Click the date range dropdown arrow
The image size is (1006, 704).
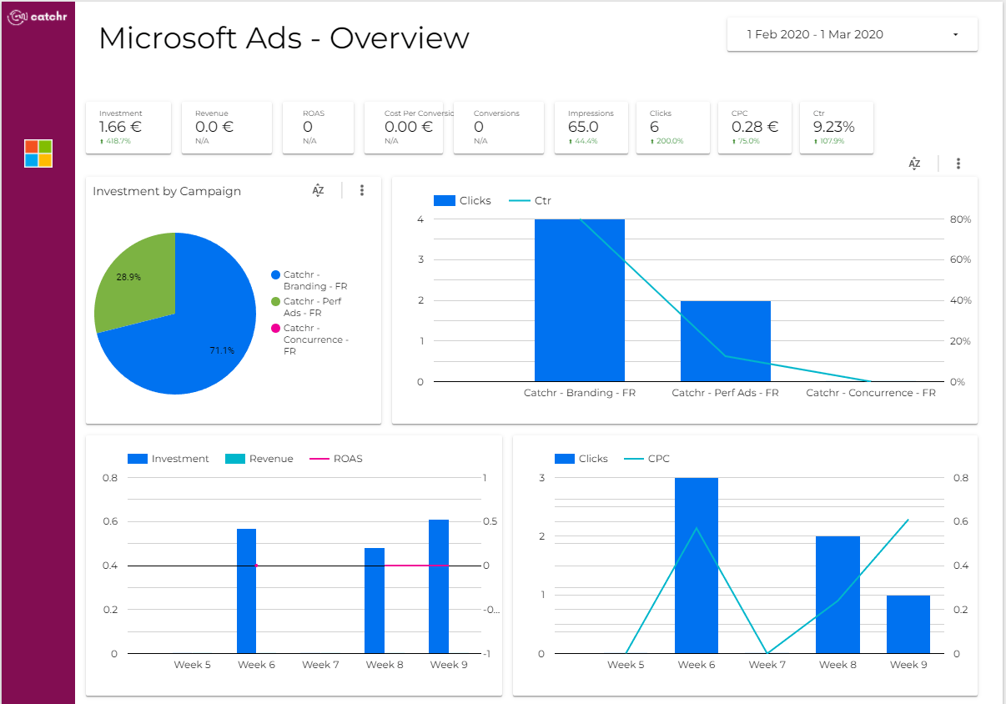pos(956,34)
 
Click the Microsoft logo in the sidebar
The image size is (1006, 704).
pos(38,153)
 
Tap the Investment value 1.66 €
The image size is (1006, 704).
pos(120,127)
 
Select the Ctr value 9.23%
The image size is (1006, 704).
pos(833,127)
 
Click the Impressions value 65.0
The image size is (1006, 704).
pos(583,127)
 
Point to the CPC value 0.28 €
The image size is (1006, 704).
pos(754,127)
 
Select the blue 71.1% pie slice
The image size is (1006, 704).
pos(189,341)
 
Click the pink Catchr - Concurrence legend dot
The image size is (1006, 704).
pos(276,328)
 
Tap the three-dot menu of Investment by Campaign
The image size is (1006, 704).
pos(362,190)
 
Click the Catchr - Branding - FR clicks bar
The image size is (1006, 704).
pos(580,300)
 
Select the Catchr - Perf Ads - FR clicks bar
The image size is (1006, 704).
pos(726,341)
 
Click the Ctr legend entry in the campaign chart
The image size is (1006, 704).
pos(530,201)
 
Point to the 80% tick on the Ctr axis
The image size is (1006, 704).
pos(960,219)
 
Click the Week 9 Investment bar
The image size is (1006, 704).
pos(439,586)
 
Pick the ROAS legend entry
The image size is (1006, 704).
pos(336,459)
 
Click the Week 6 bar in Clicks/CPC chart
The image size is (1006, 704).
pos(697,566)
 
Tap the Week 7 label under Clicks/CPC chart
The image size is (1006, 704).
pos(767,665)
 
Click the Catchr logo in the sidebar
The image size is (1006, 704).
pos(38,17)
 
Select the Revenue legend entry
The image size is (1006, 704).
pos(259,459)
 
